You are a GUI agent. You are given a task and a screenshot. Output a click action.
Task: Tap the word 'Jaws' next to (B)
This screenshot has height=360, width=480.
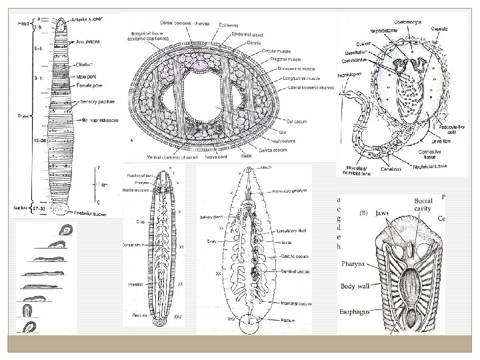tap(382, 213)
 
